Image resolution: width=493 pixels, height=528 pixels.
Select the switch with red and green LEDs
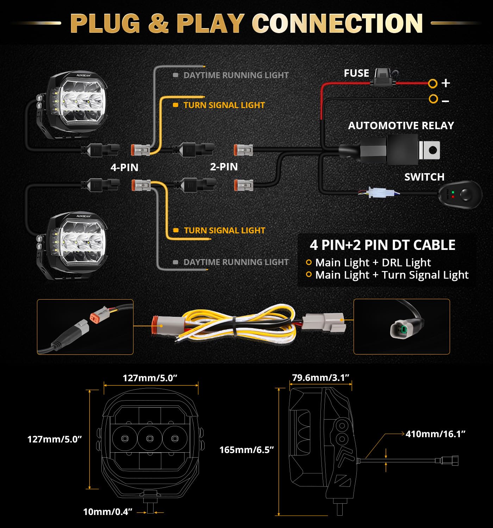coord(460,195)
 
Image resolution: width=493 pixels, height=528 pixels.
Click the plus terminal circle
coord(433,83)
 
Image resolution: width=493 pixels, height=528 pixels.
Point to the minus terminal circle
coord(433,99)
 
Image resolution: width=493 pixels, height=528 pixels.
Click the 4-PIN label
coord(124,167)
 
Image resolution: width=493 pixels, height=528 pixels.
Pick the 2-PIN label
coord(224,166)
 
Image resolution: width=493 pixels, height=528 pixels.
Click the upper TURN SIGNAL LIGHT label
coord(224,105)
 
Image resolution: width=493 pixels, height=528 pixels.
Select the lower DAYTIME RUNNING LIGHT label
coord(236,262)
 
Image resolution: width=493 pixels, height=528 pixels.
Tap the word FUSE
coord(356,73)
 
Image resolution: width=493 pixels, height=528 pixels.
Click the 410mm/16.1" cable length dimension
coord(435,434)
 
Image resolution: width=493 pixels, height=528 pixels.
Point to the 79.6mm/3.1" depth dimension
coord(320,378)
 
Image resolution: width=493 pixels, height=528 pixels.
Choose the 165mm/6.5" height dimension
coord(246,450)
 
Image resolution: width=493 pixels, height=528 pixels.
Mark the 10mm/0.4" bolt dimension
coord(107,511)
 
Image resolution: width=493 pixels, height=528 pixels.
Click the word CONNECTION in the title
coord(337,24)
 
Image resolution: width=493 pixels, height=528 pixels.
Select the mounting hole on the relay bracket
coord(433,150)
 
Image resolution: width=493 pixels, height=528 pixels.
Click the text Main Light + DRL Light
coord(373,263)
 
